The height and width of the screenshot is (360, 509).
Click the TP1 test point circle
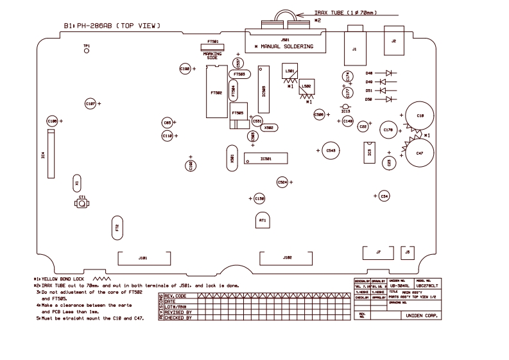[87, 51]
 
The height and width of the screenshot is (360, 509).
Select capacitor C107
[90, 103]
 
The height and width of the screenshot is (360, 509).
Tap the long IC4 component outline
[49, 154]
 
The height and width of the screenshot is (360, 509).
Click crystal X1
[77, 182]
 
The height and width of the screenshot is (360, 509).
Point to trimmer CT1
[82, 203]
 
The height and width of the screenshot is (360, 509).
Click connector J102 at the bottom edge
[287, 258]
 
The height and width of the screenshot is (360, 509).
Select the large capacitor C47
[419, 153]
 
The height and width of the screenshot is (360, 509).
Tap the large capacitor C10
[420, 116]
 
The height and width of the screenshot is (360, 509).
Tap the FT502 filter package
[216, 93]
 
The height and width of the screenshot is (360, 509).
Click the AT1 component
[263, 220]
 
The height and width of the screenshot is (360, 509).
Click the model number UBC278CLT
[427, 286]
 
